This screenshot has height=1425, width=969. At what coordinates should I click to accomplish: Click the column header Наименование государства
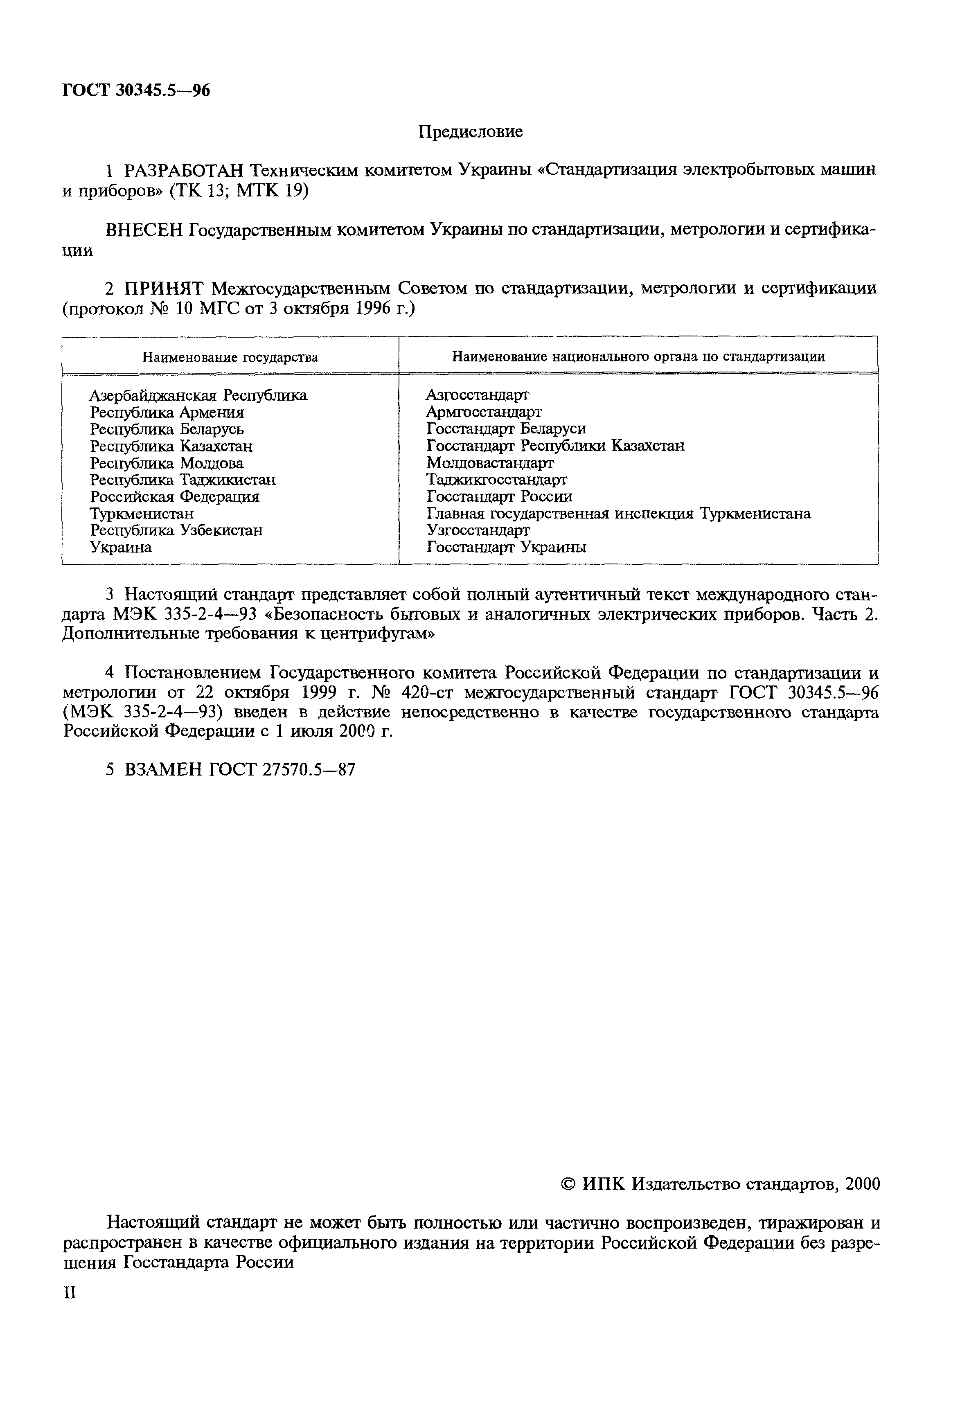point(230,357)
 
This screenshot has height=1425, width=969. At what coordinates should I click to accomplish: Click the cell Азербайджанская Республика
point(198,395)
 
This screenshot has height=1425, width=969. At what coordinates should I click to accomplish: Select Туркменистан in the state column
point(142,513)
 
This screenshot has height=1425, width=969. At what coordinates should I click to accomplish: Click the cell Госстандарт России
point(499,497)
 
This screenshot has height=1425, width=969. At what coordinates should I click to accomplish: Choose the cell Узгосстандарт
point(478,530)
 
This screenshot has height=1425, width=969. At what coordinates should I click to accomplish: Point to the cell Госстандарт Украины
point(506,547)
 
